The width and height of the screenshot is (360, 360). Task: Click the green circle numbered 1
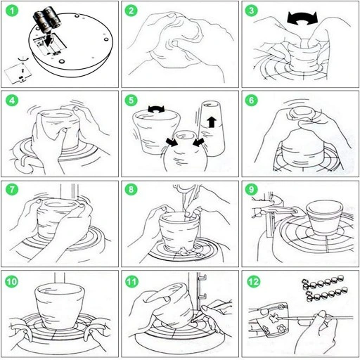tap(12, 11)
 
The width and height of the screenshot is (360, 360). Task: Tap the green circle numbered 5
tap(131, 101)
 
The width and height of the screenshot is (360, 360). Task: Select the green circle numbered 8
tap(131, 189)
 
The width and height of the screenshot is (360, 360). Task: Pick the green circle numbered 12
tap(253, 282)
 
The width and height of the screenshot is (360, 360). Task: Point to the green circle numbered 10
tap(12, 281)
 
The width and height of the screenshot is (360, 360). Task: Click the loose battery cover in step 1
tap(18, 73)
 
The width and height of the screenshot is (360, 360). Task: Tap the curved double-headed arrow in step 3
tap(302, 19)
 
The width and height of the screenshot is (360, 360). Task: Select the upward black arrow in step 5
tap(212, 122)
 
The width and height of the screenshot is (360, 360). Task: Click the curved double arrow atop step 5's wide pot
tap(156, 108)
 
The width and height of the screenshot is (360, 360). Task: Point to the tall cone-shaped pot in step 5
tap(212, 128)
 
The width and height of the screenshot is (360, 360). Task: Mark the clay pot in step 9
tap(324, 217)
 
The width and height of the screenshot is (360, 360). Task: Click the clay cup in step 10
tap(60, 304)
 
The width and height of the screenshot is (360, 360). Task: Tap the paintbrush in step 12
tap(316, 319)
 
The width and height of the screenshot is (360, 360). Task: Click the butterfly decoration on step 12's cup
tap(274, 318)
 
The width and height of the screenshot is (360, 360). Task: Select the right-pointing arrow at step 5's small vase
tap(172, 142)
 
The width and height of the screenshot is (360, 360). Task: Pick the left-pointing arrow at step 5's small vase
tap(198, 141)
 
